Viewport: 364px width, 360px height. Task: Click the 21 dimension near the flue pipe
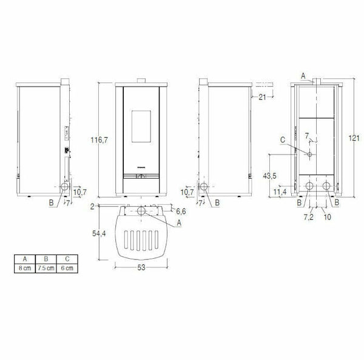click(x=262, y=97)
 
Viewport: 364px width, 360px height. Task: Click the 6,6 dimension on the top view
click(x=180, y=212)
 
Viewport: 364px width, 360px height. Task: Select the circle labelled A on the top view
click(x=141, y=211)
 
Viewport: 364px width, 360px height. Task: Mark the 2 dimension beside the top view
click(x=92, y=207)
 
